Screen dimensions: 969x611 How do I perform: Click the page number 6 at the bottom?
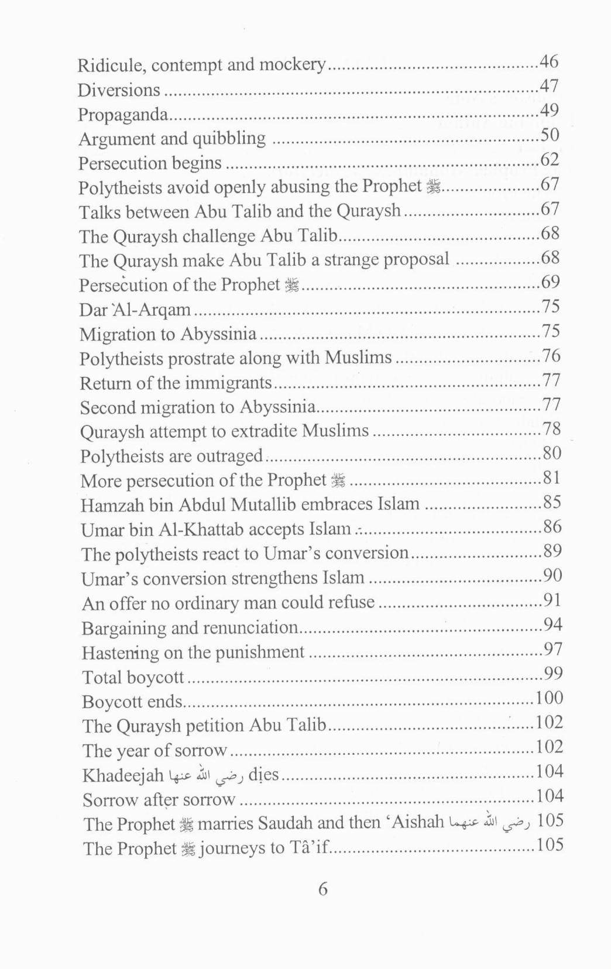tap(322, 889)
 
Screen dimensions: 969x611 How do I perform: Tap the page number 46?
tap(548, 61)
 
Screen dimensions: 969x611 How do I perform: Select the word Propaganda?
tap(123, 115)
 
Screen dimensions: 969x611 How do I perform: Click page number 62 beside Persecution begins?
tap(549, 159)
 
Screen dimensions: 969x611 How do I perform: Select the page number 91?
tap(552, 600)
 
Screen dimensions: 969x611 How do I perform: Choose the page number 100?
tap(549, 697)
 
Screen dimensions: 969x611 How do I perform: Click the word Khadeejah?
tap(123, 775)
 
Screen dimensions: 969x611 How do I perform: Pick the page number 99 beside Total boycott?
tap(552, 674)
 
